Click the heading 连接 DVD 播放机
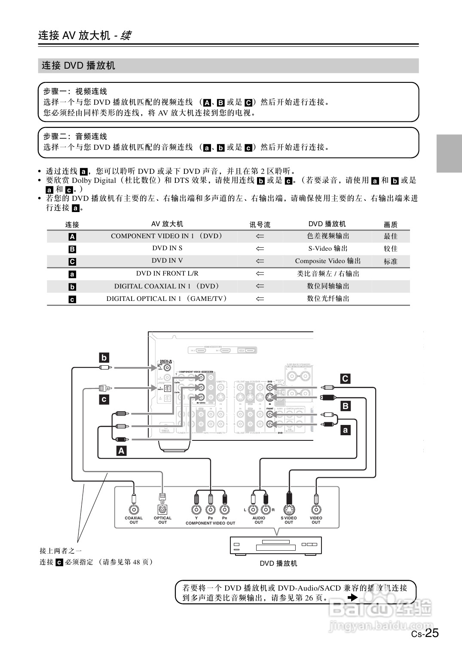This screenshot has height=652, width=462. (79, 66)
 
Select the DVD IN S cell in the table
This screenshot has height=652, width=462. (167, 248)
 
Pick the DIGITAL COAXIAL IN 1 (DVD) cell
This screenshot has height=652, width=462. (167, 286)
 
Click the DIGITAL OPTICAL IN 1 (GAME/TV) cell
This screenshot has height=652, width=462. (167, 299)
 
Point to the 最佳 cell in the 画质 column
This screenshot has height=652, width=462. (390, 236)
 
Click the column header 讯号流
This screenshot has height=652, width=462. (260, 224)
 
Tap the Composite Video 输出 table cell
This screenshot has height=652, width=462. (328, 261)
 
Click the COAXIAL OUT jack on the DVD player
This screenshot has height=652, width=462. (134, 509)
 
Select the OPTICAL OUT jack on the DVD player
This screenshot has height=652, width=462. (162, 509)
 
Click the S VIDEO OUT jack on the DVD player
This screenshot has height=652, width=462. (289, 509)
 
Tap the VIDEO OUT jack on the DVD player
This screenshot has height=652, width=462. (316, 509)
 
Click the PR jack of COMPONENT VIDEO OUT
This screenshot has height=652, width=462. (224, 509)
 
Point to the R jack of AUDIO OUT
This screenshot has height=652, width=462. (266, 509)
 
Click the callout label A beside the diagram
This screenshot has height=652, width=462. (122, 451)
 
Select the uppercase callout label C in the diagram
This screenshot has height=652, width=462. (345, 379)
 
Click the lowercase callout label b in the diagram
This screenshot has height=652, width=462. (104, 357)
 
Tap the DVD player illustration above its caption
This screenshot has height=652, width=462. (276, 545)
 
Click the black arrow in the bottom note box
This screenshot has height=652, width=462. (352, 597)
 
